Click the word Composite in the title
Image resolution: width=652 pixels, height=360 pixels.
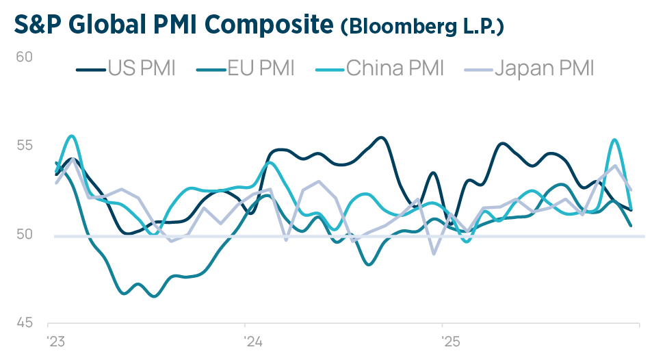(270, 25)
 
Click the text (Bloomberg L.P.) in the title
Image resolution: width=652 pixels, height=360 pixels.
(422, 27)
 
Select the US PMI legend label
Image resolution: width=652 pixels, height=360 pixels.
(142, 68)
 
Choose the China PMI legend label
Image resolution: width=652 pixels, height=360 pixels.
(395, 68)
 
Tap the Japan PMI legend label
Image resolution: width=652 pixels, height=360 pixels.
(544, 68)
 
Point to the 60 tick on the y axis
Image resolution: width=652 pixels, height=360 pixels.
(25, 56)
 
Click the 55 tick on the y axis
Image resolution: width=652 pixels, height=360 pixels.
(25, 145)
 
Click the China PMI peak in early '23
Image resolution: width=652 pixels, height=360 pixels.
(72, 136)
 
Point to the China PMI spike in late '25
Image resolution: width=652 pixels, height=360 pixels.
(614, 140)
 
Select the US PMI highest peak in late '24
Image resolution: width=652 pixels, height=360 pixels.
(382, 138)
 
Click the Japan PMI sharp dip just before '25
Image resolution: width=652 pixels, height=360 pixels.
(434, 253)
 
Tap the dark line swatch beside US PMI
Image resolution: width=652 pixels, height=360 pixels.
(89, 69)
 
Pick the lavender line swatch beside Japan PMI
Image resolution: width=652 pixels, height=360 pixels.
(477, 69)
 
